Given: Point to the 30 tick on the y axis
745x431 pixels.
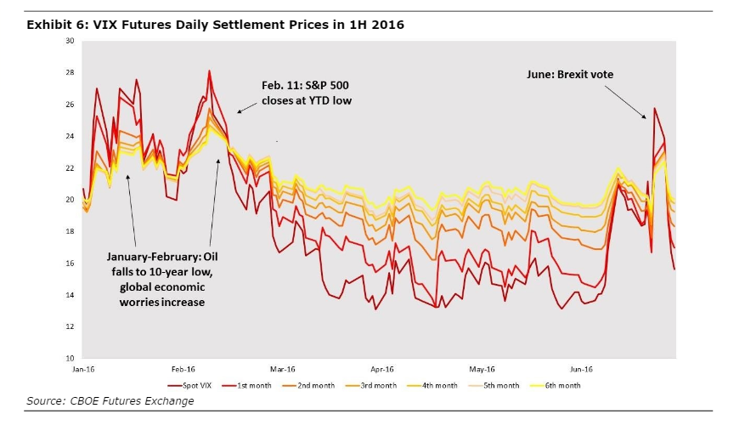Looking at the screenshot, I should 70,41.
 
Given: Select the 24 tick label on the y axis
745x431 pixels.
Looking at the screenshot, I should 70,136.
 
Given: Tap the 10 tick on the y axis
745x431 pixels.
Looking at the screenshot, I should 70,358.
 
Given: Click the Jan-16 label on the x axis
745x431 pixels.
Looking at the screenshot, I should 83,370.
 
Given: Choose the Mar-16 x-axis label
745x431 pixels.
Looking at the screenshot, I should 283,370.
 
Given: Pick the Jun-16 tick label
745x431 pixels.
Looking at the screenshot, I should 581,370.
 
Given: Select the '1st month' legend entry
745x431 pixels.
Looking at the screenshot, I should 253,386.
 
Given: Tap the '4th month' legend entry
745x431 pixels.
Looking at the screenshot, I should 440,386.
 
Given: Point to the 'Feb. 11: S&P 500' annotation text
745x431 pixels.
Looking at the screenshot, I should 304,86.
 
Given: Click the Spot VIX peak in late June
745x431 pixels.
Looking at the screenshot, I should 654,109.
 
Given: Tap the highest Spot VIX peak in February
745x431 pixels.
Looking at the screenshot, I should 209,71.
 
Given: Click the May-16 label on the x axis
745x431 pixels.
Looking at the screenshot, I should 482,370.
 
